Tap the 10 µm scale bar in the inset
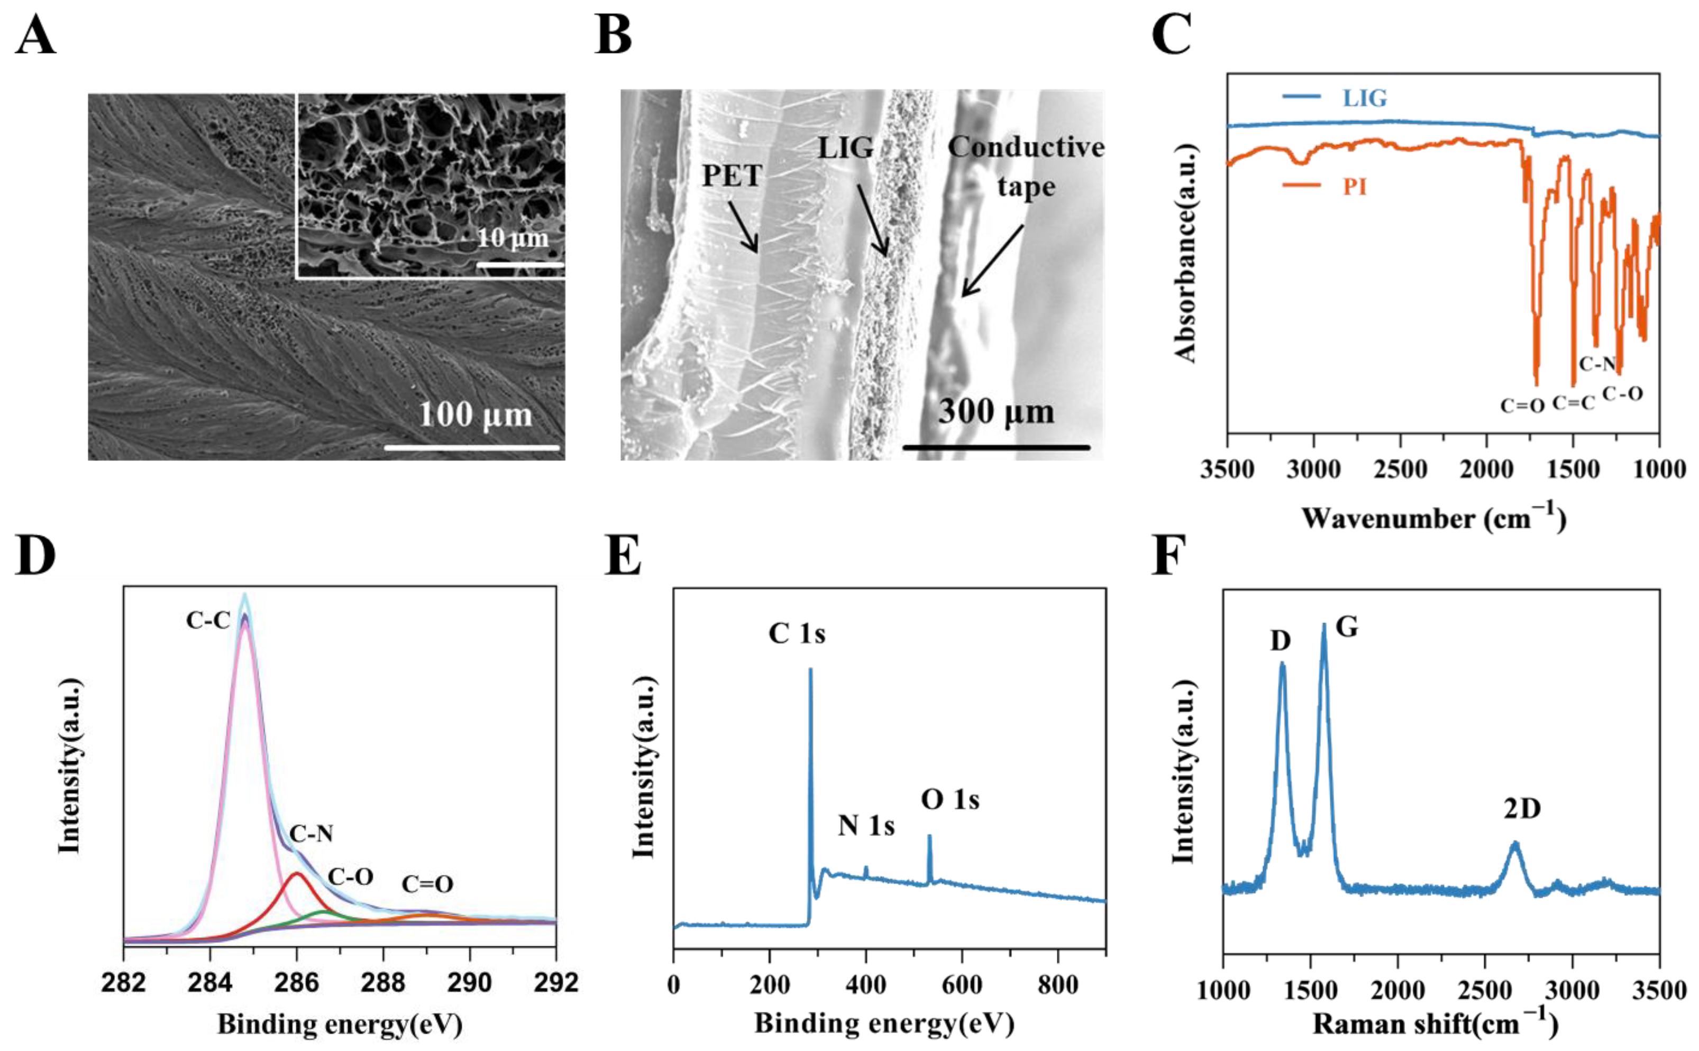coord(519,265)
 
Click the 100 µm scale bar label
coord(475,415)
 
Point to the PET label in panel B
coord(732,176)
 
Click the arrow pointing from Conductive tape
coord(992,261)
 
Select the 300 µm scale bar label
coord(996,411)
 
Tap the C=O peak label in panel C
coord(1522,405)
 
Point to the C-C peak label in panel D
coord(207,621)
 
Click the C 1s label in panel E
coord(797,634)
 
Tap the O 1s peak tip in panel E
coord(929,837)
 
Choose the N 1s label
coord(866,826)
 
